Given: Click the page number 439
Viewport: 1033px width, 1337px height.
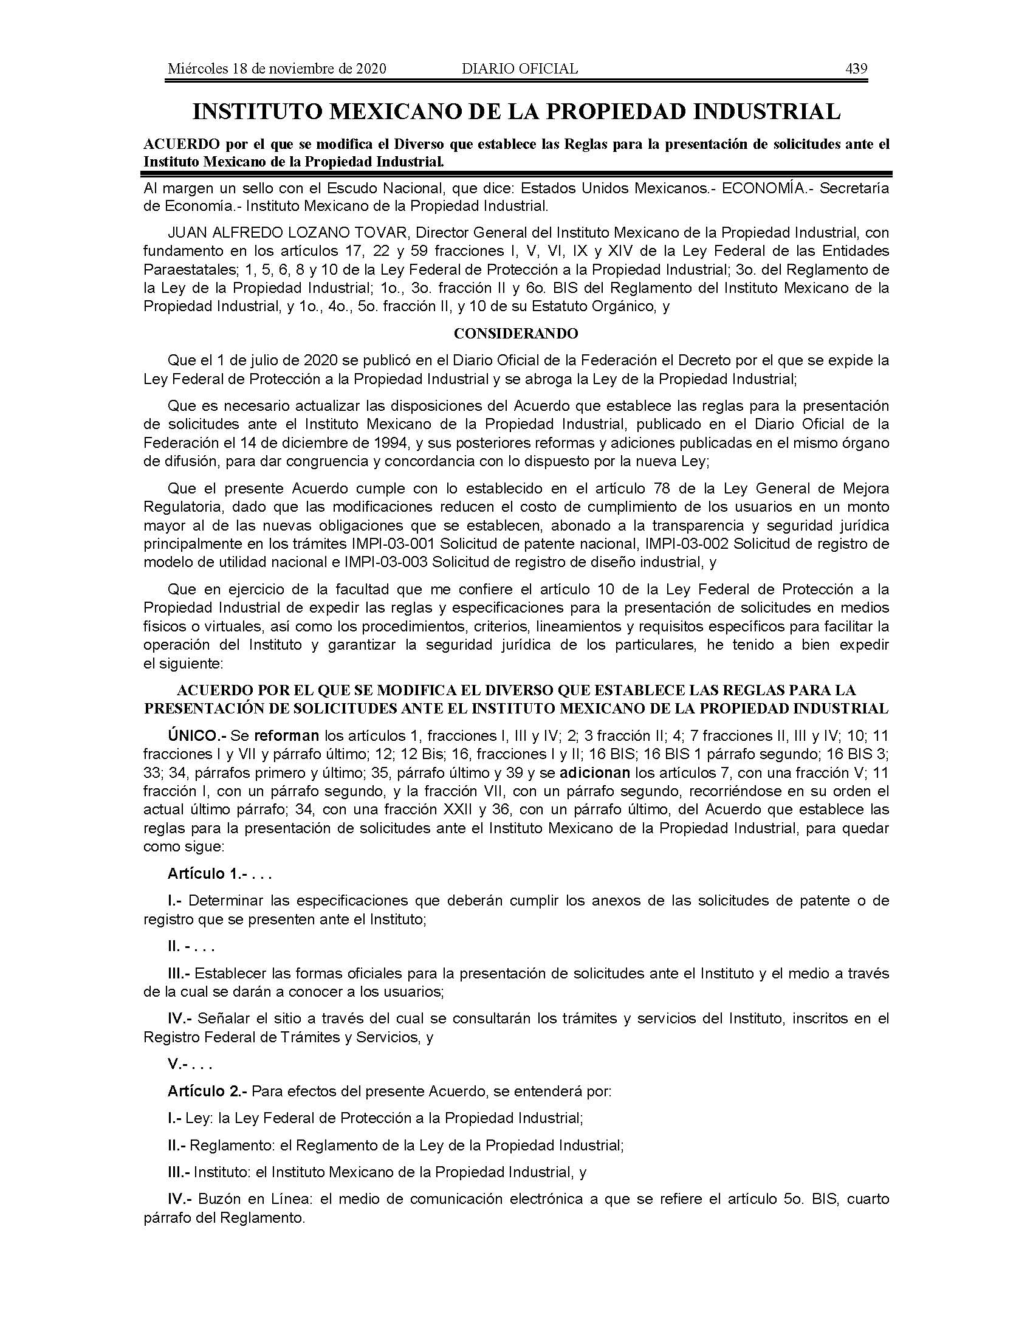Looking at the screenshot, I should tap(856, 69).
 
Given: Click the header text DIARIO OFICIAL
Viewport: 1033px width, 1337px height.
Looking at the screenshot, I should tap(520, 69).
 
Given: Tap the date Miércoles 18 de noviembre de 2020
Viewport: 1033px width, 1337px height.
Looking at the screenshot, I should tap(277, 69).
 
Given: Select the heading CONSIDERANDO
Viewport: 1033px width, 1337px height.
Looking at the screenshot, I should tap(516, 334).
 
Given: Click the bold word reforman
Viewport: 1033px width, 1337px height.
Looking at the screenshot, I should tap(287, 735).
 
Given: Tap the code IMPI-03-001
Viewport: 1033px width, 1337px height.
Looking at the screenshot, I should tap(394, 544).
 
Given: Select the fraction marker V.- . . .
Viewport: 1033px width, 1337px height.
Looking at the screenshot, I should tap(177, 1064).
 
